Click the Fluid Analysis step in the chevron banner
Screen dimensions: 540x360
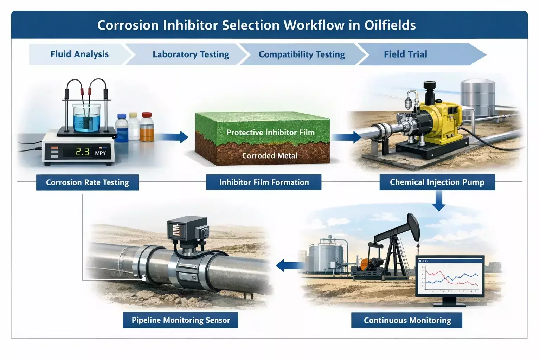pos(79,54)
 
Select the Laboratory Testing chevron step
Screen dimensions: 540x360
pos(191,54)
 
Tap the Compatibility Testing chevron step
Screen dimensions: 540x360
pos(302,54)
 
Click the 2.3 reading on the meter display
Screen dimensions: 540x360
pos(83,152)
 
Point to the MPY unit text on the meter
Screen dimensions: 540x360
pos(100,153)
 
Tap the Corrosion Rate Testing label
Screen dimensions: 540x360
pos(87,182)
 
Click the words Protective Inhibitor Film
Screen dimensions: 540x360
pos(270,133)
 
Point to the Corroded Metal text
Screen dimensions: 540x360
pos(270,155)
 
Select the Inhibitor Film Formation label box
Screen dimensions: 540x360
pos(264,182)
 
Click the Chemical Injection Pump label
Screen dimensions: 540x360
pos(437,182)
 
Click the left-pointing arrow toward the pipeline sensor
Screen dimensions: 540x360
pos(289,265)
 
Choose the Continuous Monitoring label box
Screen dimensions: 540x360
pos(407,320)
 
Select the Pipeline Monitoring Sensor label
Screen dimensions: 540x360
pos(180,320)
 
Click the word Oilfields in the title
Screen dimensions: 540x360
pos(390,25)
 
